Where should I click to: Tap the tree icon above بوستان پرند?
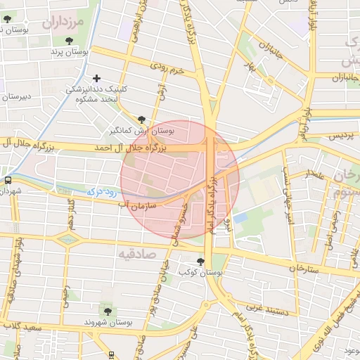pos(69,41)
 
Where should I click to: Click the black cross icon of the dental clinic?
pos(96,78)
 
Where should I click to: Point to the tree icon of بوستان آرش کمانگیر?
pos(143,120)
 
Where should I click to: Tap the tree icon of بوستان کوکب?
pos(201,262)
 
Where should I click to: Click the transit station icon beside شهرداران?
pos(8,179)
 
